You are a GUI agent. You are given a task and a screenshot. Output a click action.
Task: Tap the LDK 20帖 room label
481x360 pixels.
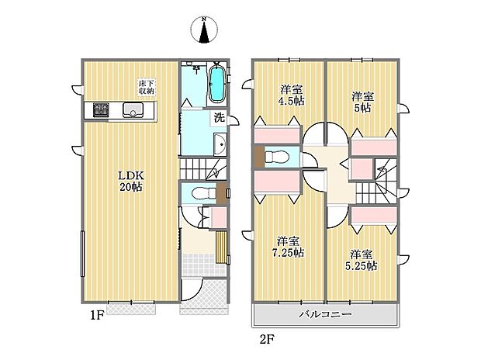pos(130,181)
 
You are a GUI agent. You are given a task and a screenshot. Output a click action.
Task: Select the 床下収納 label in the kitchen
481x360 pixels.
pos(146,87)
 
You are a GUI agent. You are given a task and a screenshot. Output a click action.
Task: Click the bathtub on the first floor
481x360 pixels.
pos(216,84)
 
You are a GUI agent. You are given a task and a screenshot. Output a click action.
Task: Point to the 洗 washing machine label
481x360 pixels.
pos(220,118)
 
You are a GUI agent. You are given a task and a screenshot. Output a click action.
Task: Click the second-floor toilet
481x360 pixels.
pos(273,157)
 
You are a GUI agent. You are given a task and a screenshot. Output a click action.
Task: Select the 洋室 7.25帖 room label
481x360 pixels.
pos(287,247)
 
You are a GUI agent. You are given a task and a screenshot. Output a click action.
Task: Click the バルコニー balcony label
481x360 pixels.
pos(326,315)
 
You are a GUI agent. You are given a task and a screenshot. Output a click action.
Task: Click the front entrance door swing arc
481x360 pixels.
pos(192,290)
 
